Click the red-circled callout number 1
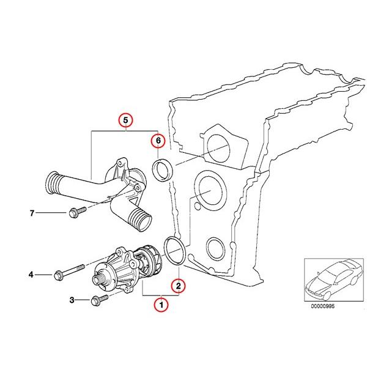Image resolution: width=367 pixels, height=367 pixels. point(161,304)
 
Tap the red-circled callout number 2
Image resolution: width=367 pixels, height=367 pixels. point(178,284)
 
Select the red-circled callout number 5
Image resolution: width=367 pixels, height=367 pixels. point(125,120)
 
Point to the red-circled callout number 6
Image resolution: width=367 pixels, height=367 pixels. point(158,141)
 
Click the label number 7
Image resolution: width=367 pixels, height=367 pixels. point(31,213)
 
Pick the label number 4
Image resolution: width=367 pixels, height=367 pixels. point(31,275)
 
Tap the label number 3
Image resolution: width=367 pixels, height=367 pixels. point(72,300)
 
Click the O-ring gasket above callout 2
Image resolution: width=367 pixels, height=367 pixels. point(175,252)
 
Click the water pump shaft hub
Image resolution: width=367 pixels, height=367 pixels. point(98,281)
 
